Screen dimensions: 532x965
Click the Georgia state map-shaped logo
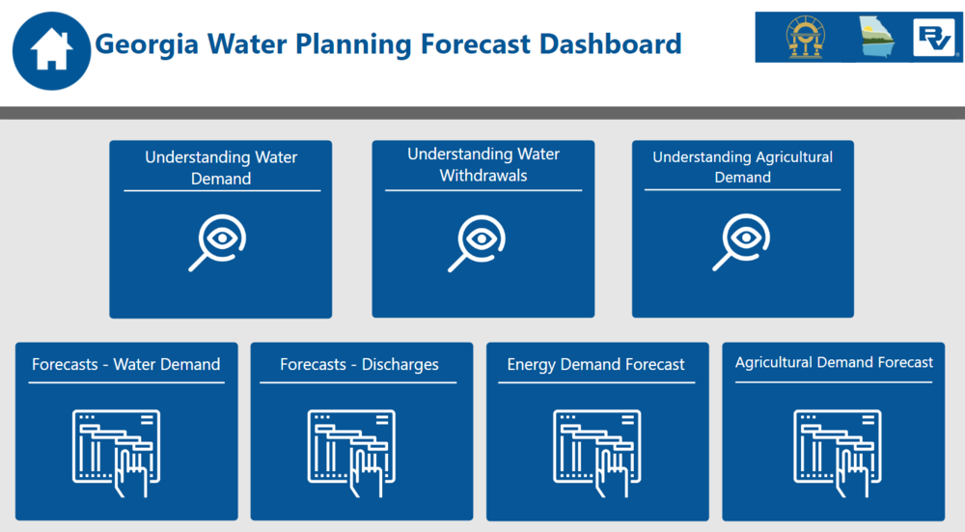click(x=876, y=38)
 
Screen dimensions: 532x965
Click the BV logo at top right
click(x=934, y=38)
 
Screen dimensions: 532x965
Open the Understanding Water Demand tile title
click(x=221, y=168)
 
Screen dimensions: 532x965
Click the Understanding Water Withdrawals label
click(x=483, y=165)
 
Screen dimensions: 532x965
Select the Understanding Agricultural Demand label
click(x=742, y=167)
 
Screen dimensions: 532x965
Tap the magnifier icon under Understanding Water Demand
click(x=217, y=242)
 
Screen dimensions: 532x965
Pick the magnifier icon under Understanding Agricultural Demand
click(x=741, y=242)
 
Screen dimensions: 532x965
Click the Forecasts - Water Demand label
click(x=126, y=365)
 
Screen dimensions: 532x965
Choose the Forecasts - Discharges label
click(x=359, y=365)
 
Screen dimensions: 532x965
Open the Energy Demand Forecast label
click(x=595, y=365)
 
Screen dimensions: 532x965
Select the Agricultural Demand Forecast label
click(x=834, y=363)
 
